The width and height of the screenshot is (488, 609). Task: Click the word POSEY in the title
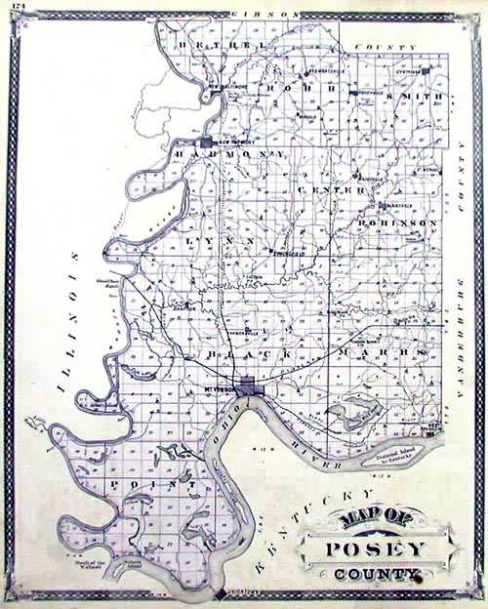(367, 548)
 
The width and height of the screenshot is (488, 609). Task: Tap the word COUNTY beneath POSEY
(367, 575)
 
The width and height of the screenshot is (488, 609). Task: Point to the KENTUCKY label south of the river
(310, 526)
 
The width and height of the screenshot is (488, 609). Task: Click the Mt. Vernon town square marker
(249, 386)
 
